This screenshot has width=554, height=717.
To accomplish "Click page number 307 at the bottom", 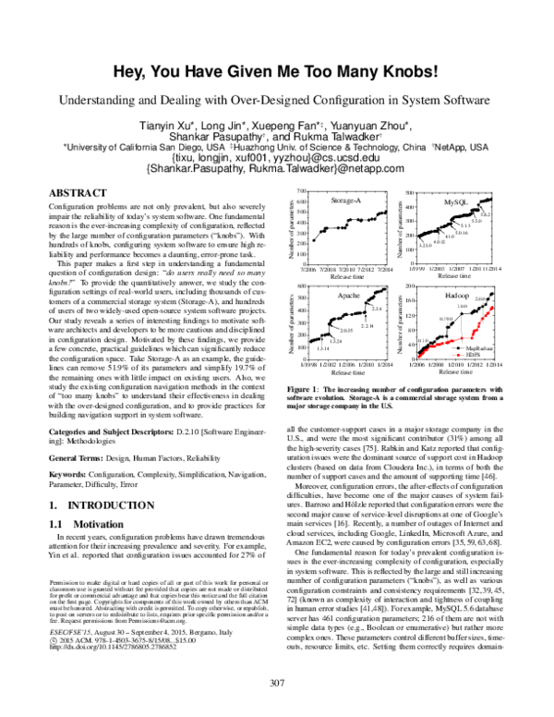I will [276, 683].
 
